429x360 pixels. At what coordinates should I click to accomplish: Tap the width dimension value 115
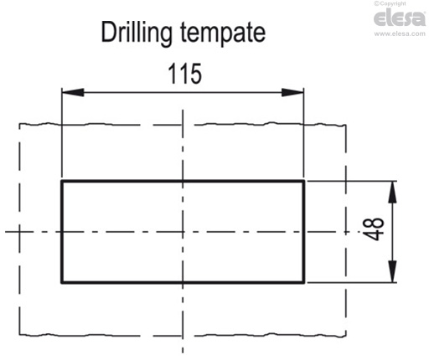coord(183,75)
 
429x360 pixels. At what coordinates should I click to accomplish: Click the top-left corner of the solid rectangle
coord(62,181)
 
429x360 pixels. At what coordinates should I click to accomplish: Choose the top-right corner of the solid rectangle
coord(303,181)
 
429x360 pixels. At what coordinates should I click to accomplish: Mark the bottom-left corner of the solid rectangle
coord(62,282)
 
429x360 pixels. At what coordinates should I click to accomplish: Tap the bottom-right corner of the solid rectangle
coord(303,282)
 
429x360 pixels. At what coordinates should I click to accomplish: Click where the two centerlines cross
coord(183,231)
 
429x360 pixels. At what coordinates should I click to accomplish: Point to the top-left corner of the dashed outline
coord(19,125)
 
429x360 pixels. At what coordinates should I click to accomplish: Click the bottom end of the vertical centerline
coord(183,354)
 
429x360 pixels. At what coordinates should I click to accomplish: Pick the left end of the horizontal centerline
coord(4,231)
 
